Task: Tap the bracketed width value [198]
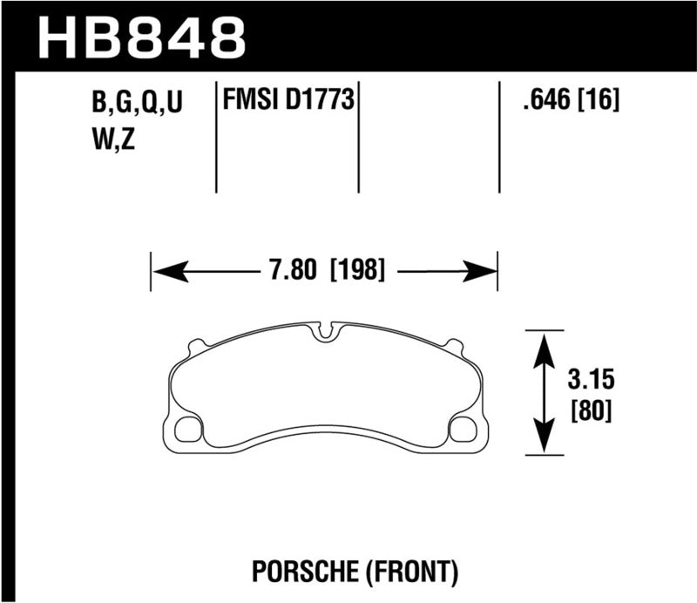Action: click(x=357, y=270)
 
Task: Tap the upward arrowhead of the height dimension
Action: click(x=545, y=349)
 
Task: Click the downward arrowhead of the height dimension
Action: click(x=545, y=437)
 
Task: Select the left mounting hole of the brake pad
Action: click(x=188, y=429)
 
